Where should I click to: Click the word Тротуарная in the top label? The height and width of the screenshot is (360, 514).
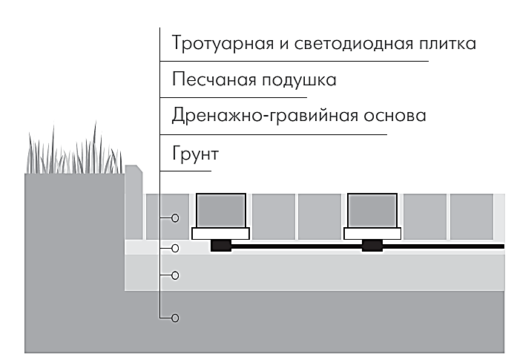pyautogui.click(x=223, y=44)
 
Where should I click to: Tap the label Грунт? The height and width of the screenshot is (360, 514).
pyautogui.click(x=195, y=154)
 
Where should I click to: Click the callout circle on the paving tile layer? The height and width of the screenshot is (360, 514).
pyautogui.click(x=175, y=218)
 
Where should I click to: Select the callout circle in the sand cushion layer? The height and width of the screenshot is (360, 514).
pyautogui.click(x=175, y=249)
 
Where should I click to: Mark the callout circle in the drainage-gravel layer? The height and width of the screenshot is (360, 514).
pyautogui.click(x=175, y=275)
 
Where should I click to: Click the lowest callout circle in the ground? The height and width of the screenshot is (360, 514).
pyautogui.click(x=175, y=318)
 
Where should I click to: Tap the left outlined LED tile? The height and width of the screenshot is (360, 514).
pyautogui.click(x=221, y=211)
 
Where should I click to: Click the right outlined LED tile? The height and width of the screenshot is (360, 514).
pyautogui.click(x=372, y=211)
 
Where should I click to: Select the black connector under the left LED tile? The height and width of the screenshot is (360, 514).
pyautogui.click(x=221, y=246)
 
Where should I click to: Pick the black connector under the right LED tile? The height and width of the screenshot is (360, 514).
pyautogui.click(x=372, y=246)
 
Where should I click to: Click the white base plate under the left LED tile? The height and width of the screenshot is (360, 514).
pyautogui.click(x=220, y=234)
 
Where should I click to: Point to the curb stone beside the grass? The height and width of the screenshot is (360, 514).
pyautogui.click(x=134, y=203)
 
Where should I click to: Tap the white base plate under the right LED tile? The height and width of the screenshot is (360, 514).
pyautogui.click(x=372, y=234)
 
